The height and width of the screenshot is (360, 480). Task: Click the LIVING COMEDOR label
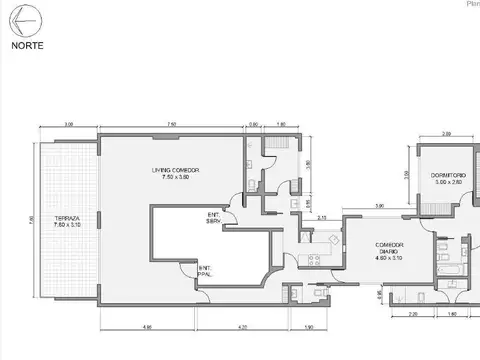(176, 170)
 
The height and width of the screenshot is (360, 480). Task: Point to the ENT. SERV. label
(214, 217)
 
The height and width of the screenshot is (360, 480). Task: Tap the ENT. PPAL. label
(204, 269)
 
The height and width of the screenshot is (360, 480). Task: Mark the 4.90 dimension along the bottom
(147, 327)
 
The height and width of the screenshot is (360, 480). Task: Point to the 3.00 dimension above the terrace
(68, 125)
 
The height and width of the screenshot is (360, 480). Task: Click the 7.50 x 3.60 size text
(176, 177)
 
